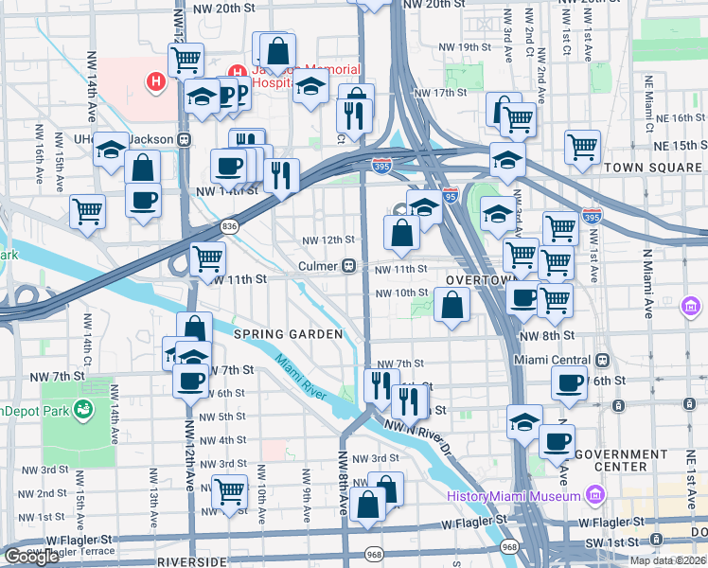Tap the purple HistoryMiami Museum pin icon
pos(594,494)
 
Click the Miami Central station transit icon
pos(602,360)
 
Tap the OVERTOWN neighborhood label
pos(478,281)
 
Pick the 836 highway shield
pos(229,225)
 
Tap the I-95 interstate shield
pos(451,195)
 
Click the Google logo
pos(31,557)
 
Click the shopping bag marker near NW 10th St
pos(452,305)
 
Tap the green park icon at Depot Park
pos(84,410)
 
